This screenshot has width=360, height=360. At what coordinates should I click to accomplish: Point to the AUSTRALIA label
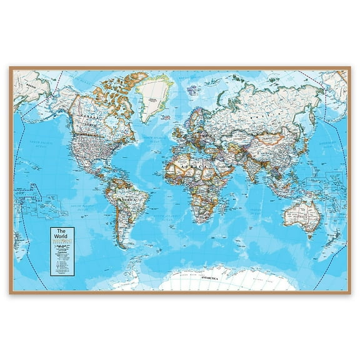pos(299,215)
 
